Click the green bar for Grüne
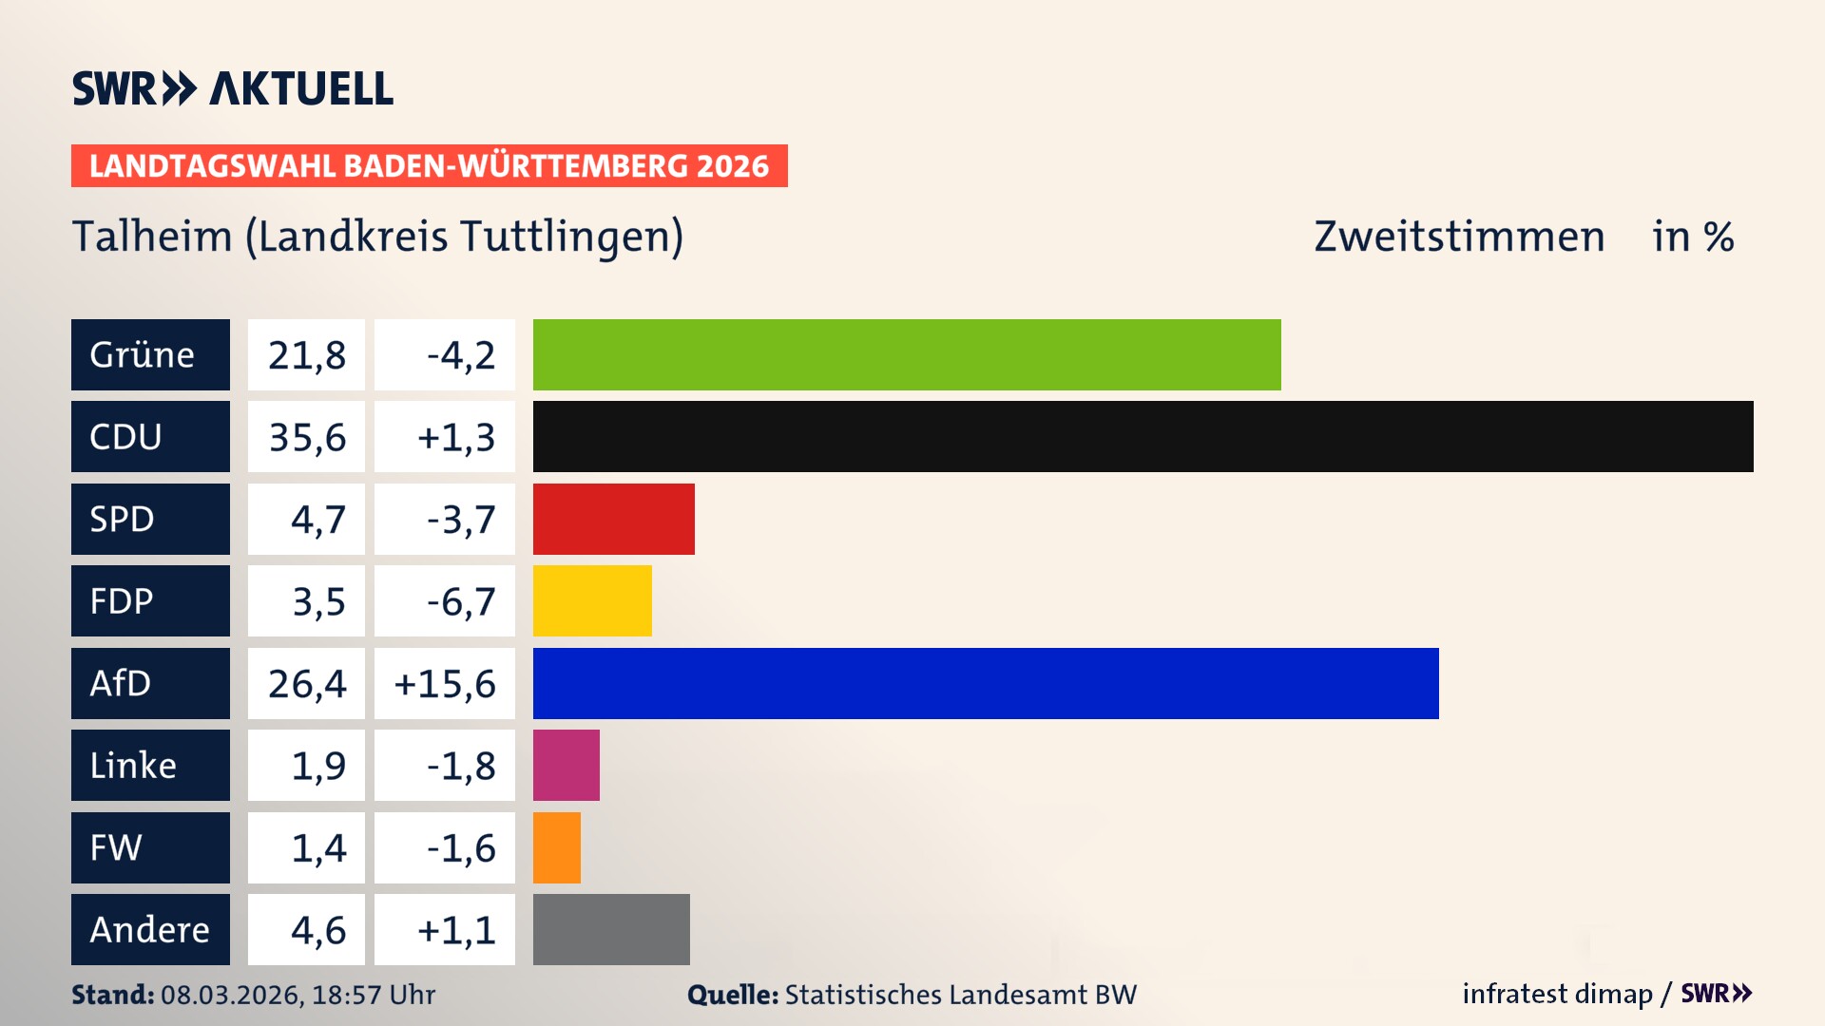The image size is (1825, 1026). coord(907,354)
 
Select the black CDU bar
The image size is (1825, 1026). coord(1143,437)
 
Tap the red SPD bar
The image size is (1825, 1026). coord(613,519)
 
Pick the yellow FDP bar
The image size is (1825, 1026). coord(592,601)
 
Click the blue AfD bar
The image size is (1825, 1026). coord(986,683)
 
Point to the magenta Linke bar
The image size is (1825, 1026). coord(567,766)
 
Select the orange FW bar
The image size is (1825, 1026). coord(557,847)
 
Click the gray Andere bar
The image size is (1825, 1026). coord(611,929)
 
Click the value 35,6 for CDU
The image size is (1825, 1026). coord(306,437)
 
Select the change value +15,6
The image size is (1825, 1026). coord(445,683)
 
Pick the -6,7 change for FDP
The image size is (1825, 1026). coord(460,601)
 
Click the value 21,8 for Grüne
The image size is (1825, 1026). coord(306,354)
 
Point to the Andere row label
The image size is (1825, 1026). coord(150,929)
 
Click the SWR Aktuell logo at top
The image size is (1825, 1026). coord(233,88)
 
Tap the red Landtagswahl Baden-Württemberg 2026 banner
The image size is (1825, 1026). coord(429,166)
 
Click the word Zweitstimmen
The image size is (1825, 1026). coord(1459,237)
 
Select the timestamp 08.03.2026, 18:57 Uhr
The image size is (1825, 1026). coord(298,995)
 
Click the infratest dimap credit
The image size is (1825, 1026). coord(1557,994)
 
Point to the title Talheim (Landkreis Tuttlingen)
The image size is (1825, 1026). coord(377,237)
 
